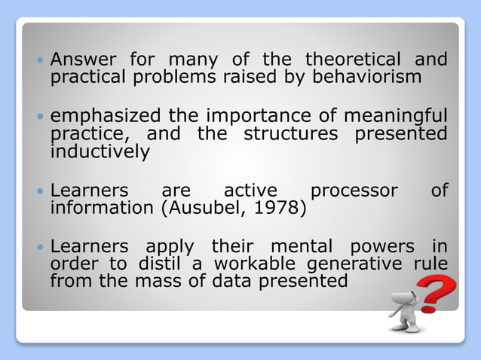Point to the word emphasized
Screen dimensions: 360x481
pyautogui.click(x=106, y=116)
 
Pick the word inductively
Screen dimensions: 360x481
pyautogui.click(x=100, y=151)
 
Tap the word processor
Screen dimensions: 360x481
pyautogui.click(x=354, y=191)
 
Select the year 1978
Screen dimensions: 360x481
pyautogui.click(x=279, y=208)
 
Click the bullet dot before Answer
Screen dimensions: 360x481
pyautogui.click(x=40, y=59)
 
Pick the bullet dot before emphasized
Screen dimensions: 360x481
pyautogui.click(x=40, y=117)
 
